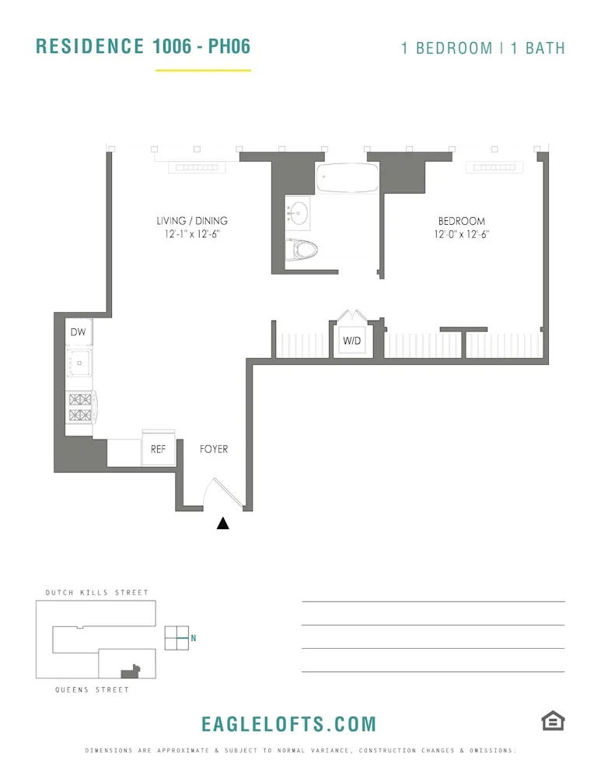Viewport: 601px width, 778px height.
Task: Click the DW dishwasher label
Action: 78,332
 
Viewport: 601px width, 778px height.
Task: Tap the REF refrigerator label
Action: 159,449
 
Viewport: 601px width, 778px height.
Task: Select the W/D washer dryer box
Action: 351,340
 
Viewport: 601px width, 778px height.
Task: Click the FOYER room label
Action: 214,449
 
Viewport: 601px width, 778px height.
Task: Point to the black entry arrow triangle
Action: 223,524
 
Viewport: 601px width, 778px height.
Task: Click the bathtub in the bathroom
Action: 347,180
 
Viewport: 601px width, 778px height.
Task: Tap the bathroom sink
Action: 299,212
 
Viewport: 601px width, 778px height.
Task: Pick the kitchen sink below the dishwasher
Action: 79,362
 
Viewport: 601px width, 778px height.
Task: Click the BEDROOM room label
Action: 461,222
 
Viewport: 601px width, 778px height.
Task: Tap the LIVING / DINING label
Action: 192,221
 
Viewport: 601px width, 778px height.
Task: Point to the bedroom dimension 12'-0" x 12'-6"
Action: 462,234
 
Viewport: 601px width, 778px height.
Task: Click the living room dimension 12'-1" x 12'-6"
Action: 192,234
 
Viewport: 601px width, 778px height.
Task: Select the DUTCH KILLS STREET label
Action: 96,593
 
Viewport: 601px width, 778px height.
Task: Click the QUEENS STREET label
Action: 92,690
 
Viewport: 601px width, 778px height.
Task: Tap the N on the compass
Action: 194,639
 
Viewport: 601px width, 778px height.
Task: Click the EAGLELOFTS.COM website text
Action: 288,724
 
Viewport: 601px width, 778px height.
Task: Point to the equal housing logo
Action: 552,720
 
